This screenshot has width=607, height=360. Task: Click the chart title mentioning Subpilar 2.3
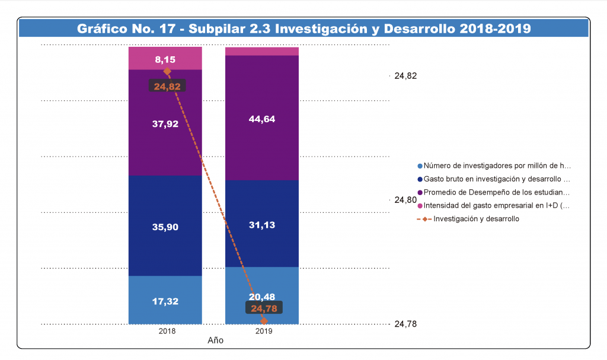pos(303,28)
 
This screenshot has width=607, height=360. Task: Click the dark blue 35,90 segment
pos(165,226)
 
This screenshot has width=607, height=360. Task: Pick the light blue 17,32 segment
pos(165,301)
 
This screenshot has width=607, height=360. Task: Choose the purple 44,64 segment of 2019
pos(261,119)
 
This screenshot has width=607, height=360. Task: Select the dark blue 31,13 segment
pos(261,224)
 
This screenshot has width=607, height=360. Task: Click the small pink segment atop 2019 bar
pos(261,51)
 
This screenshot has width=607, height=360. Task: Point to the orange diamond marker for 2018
pos(167,71)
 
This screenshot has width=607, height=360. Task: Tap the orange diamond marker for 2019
pos(264,321)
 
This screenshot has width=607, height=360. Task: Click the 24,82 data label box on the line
pos(167,86)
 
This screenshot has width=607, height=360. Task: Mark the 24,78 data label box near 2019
pos(264,308)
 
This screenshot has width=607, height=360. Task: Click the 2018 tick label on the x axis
pos(167,332)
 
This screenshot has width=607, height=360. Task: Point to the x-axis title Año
pos(216,341)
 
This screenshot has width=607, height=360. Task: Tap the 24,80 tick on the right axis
pos(405,200)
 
